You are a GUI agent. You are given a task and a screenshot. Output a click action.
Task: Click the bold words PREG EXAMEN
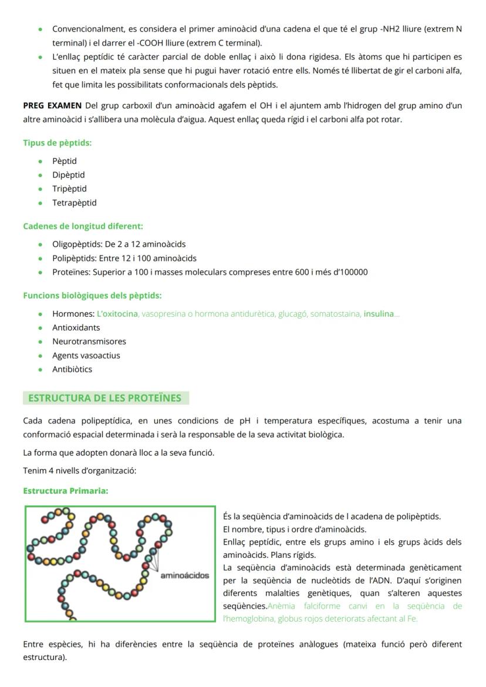tap(52, 106)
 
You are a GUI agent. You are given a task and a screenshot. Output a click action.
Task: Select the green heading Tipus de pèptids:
tap(57, 143)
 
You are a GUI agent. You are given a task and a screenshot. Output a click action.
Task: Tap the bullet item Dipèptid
tap(68, 175)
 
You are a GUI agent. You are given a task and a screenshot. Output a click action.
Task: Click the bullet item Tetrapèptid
tap(74, 203)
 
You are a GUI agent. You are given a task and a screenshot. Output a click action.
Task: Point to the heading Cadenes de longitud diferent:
tap(83, 226)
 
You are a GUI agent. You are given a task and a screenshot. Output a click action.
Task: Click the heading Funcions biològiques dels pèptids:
tap(92, 296)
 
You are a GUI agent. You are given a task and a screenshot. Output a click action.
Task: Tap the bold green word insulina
tap(379, 314)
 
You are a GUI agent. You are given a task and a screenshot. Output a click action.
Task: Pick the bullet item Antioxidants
tap(76, 327)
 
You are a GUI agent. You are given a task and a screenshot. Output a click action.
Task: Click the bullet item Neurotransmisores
tap(89, 341)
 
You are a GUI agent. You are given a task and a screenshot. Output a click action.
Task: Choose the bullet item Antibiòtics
tap(72, 370)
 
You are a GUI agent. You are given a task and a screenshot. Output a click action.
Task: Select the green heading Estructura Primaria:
tap(65, 491)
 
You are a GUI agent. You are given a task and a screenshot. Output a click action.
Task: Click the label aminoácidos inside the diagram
tap(185, 575)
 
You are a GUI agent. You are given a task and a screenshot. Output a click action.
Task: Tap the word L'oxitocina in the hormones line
tap(117, 314)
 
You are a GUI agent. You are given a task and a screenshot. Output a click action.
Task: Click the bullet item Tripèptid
tap(69, 189)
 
